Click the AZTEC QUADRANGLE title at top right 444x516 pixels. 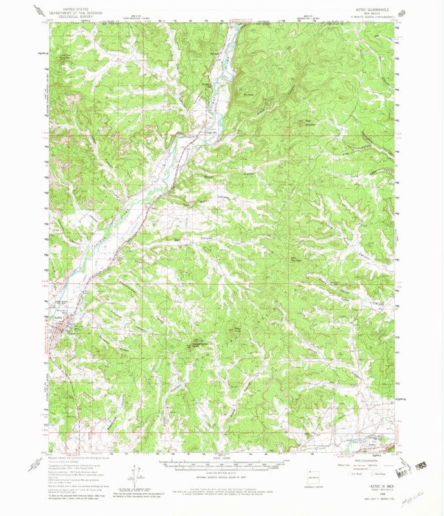click(369, 12)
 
